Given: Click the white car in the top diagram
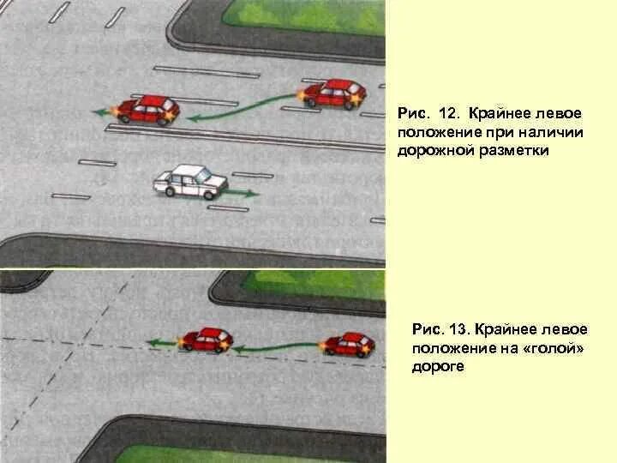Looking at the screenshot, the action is point(190,182).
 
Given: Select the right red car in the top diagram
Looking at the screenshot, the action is point(334,93).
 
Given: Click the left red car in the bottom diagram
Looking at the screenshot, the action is point(206,340).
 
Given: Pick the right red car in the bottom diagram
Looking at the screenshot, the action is point(349,344).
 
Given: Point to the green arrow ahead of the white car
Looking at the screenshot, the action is point(241,194).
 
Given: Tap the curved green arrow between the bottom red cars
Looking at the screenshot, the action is point(276,347).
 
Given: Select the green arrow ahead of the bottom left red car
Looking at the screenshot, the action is point(162,343).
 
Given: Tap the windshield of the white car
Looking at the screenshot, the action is point(206,177).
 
